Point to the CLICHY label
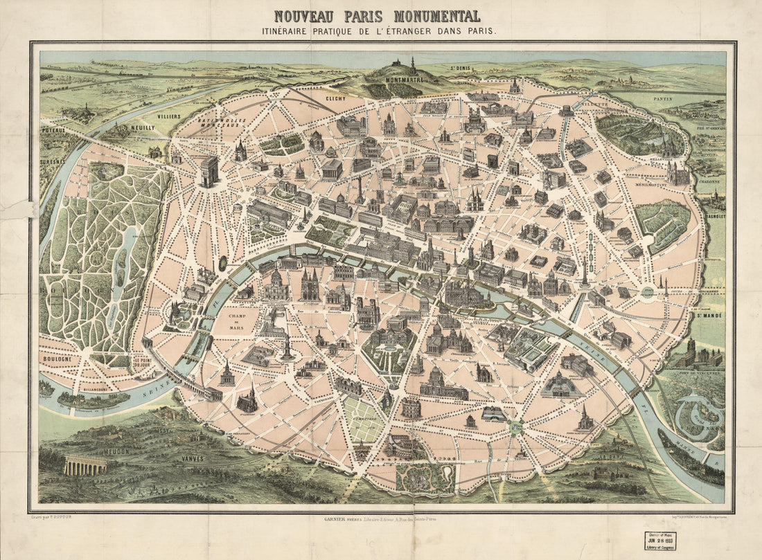click(335, 98)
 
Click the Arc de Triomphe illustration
click(209, 171)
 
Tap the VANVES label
click(193, 458)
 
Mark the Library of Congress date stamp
click(659, 541)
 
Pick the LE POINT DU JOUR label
click(143, 361)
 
